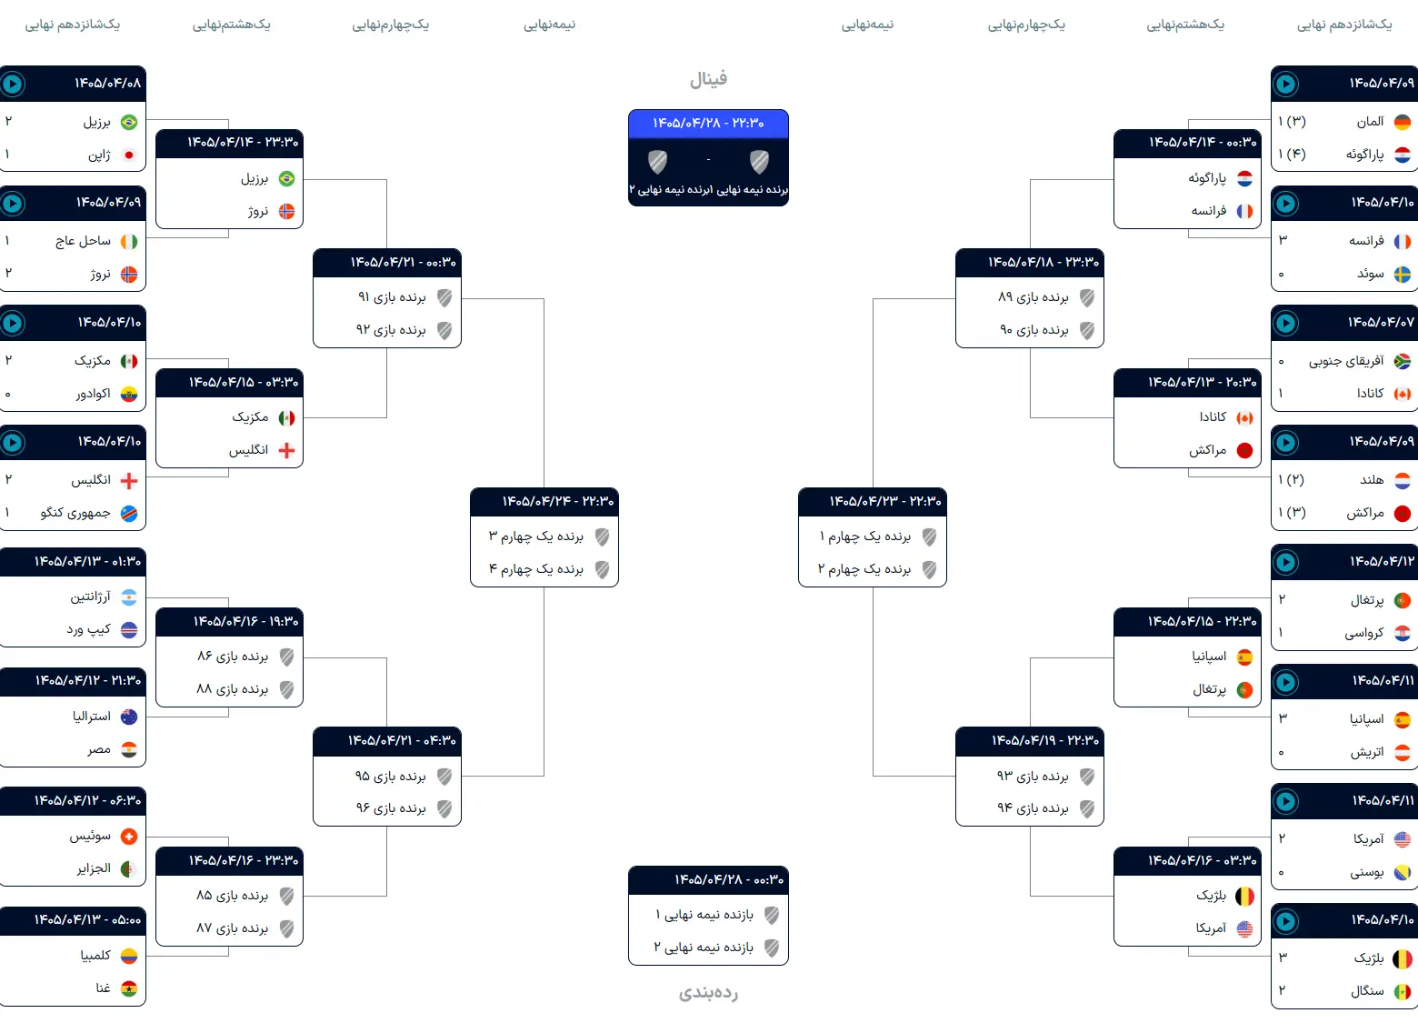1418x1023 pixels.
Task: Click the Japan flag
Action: pyautogui.click(x=129, y=155)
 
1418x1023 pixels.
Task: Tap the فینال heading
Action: pyautogui.click(x=708, y=79)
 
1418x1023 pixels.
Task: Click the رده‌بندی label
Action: pyautogui.click(x=708, y=992)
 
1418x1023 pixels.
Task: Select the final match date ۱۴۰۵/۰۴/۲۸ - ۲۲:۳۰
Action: pyautogui.click(x=708, y=123)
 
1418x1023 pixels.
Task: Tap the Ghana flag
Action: pyautogui.click(x=129, y=988)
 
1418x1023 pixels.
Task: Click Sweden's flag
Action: pyautogui.click(x=1403, y=275)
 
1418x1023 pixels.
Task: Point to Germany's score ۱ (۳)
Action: pyautogui.click(x=1292, y=122)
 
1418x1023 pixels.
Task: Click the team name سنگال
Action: pyautogui.click(x=1367, y=990)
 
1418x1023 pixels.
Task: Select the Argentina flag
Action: pyautogui.click(x=129, y=597)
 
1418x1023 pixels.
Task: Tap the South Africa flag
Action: pyautogui.click(x=1403, y=361)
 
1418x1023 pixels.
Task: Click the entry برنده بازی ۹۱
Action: pyautogui.click(x=392, y=297)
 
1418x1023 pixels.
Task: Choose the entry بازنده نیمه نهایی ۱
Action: pyautogui.click(x=704, y=915)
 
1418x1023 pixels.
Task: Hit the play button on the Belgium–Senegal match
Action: pyautogui.click(x=1285, y=921)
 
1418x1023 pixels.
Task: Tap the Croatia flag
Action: pyautogui.click(x=1403, y=633)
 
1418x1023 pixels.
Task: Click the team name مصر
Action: pyautogui.click(x=99, y=750)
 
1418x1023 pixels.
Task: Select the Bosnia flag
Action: pyautogui.click(x=1403, y=872)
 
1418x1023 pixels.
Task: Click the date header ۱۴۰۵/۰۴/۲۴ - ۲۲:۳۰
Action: pyautogui.click(x=558, y=501)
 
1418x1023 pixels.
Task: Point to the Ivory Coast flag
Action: pyautogui.click(x=129, y=241)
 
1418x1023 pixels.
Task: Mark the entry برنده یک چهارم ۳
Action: pyautogui.click(x=535, y=537)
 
